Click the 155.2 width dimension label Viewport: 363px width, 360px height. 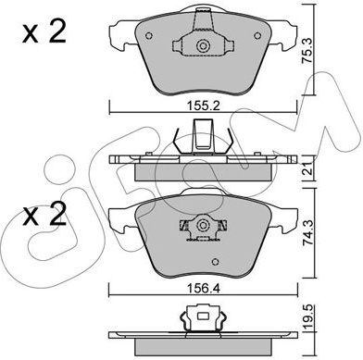tap(203, 106)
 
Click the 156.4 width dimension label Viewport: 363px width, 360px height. tap(203, 289)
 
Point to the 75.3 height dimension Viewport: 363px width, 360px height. tap(307, 51)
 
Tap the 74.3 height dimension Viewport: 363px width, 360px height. tap(308, 233)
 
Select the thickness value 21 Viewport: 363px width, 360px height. tap(308, 169)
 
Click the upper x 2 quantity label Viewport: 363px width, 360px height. tap(44, 32)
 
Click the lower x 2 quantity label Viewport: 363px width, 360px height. tap(44, 214)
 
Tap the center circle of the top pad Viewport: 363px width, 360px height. tap(203, 46)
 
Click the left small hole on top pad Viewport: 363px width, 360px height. tap(149, 36)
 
